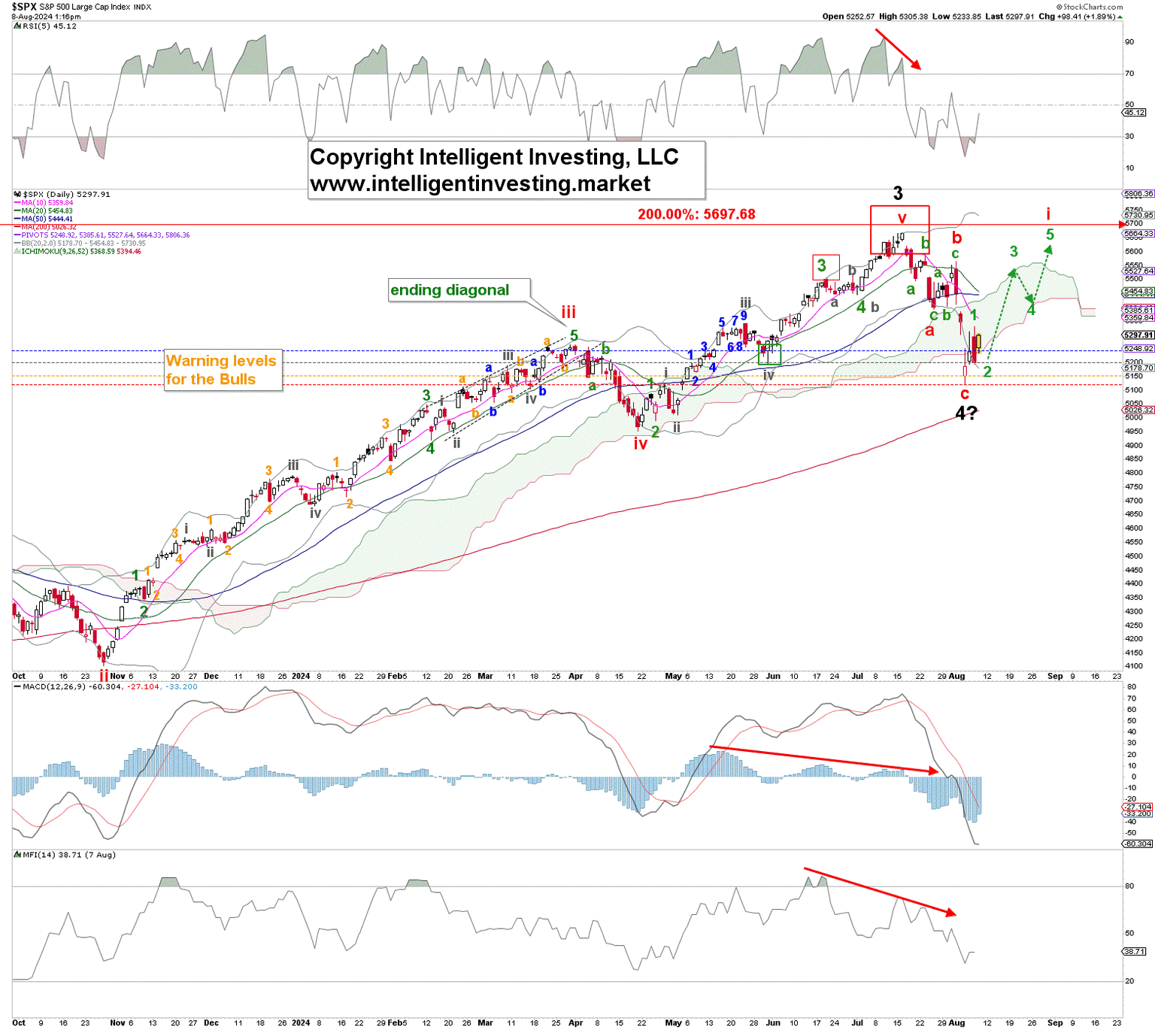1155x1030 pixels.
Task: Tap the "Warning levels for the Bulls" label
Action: tap(223, 370)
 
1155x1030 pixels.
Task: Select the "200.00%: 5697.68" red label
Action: tap(696, 214)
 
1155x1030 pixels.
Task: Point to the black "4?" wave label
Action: tap(966, 413)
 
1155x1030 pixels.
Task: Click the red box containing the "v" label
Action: tap(899, 229)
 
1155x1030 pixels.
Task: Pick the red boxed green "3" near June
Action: tap(825, 266)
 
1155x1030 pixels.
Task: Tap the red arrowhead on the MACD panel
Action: tap(933, 771)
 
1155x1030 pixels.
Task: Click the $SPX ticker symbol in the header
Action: tap(24, 7)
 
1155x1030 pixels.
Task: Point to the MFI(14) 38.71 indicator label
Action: tap(69, 855)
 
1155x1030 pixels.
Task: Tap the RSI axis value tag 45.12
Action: tap(1134, 113)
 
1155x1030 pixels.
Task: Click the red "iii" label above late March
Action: tap(568, 312)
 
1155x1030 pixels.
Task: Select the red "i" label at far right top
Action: tap(1048, 214)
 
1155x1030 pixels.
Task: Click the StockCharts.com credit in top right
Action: tap(1090, 7)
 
